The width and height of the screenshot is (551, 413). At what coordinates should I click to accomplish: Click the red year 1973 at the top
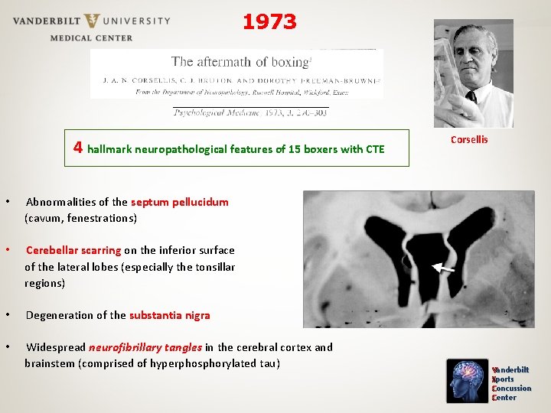[x=269, y=22]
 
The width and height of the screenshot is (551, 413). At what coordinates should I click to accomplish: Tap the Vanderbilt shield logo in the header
[x=93, y=21]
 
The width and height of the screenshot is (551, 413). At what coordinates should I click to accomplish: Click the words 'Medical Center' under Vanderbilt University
[x=91, y=37]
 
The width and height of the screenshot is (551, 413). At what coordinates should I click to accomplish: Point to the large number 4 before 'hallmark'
[x=79, y=148]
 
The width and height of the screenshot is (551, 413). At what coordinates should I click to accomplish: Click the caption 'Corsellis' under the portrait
[x=469, y=139]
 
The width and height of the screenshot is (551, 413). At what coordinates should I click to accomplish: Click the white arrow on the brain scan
[x=442, y=268]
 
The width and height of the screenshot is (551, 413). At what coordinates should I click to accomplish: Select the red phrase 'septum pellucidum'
[x=180, y=202]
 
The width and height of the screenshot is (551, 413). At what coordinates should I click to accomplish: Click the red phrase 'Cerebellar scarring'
[x=73, y=250]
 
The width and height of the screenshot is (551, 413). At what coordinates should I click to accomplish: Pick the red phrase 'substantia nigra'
[x=169, y=315]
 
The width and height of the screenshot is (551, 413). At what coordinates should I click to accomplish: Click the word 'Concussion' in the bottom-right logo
[x=513, y=388]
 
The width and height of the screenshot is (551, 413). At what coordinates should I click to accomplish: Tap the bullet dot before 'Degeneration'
[x=7, y=315]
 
